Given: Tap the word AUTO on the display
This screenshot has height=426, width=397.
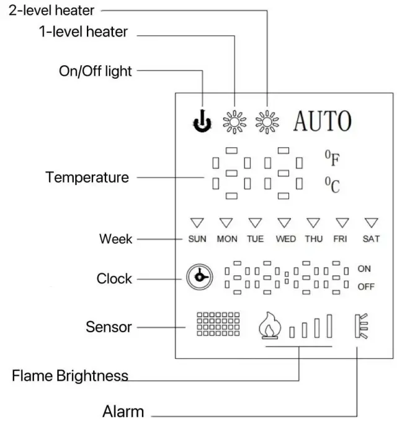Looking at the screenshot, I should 322,121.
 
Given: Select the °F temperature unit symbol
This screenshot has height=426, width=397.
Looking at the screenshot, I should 332,159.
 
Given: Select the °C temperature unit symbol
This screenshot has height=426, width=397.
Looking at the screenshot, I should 332,184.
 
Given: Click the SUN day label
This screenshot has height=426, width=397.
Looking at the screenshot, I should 197,239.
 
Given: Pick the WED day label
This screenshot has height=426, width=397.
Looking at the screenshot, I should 285,239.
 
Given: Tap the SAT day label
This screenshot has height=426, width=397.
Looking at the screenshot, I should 371,239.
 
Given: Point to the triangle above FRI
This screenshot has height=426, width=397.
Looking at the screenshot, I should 342,222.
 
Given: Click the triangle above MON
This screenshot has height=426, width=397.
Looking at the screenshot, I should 226,222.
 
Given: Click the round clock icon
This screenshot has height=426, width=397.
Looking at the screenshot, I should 199,277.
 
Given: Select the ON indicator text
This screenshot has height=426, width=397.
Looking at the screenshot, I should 364,269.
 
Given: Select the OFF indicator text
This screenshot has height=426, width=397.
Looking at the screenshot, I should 365,287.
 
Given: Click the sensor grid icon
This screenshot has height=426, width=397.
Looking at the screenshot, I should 218,324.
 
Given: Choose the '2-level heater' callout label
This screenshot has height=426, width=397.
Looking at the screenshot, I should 48,10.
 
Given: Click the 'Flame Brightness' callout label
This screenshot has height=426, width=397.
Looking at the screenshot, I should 70,376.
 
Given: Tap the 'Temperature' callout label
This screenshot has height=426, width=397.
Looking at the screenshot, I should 87,178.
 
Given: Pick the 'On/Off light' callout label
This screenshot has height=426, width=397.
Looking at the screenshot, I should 95,71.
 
